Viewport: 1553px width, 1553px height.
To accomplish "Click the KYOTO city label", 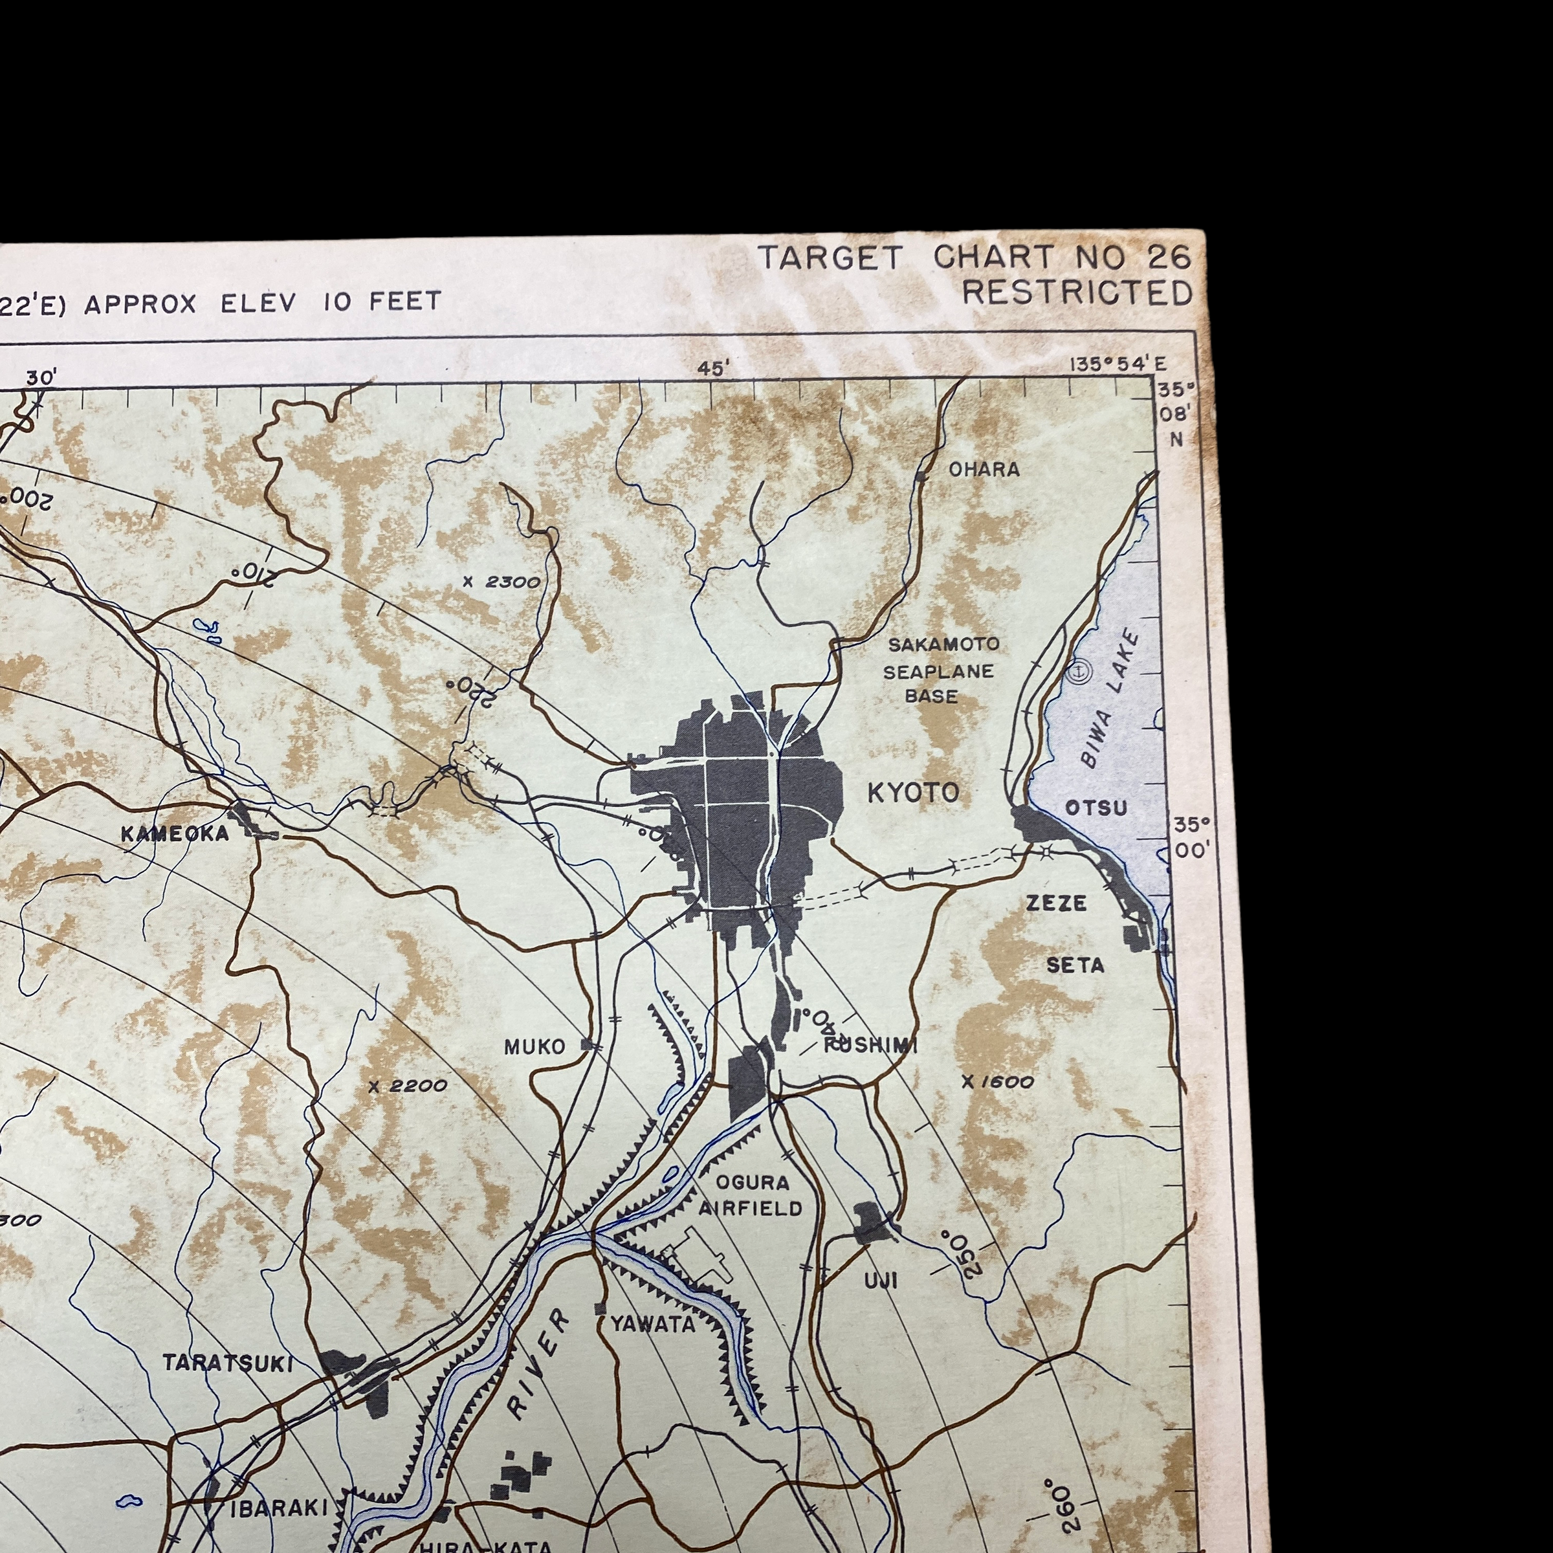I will [913, 793].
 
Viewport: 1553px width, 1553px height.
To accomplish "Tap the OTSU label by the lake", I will [1096, 808].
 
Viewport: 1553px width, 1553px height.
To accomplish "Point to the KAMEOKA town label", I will [175, 834].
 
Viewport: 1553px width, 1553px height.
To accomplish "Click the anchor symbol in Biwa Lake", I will [1079, 670].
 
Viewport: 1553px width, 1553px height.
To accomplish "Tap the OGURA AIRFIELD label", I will [751, 1195].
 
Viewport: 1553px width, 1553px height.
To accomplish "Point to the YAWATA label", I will [653, 1324].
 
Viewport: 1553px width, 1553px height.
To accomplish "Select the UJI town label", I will [881, 1281].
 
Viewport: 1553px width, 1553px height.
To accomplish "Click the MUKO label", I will [534, 1046].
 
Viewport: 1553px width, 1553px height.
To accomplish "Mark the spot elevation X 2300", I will [501, 582].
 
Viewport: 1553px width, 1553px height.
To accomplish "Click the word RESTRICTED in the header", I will [1077, 293].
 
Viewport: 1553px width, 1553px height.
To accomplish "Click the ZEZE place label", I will [1056, 903].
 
